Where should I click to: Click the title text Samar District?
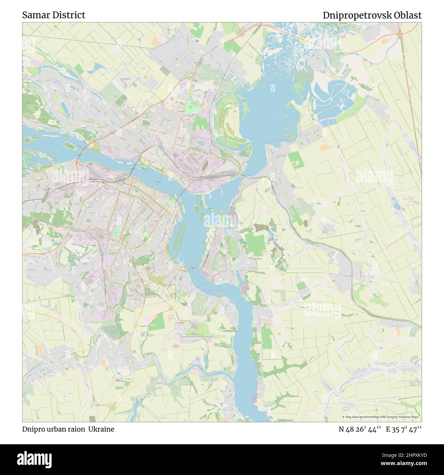pos(54,15)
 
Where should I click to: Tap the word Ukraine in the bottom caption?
pos(101,429)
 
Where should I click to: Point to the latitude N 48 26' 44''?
pos(360,429)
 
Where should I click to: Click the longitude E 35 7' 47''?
pos(404,429)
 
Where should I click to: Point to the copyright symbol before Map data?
pos(343,417)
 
